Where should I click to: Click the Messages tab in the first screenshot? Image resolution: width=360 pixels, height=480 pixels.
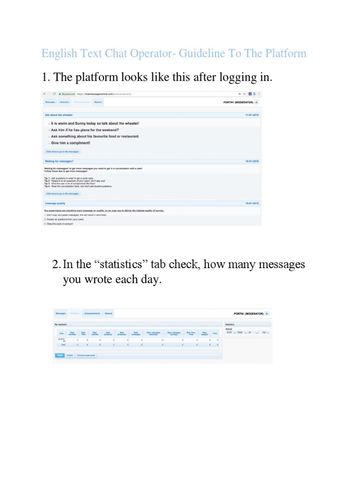[49, 101]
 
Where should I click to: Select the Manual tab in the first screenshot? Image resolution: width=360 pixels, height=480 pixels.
[97, 101]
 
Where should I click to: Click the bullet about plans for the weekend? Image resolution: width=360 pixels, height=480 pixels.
[85, 130]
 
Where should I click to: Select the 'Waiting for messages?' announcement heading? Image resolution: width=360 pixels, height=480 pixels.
[59, 161]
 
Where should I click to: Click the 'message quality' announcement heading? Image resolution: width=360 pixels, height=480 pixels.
[55, 203]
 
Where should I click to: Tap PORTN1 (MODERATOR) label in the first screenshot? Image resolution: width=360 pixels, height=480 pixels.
[238, 102]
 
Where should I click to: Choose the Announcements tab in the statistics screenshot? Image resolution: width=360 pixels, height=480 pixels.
[92, 314]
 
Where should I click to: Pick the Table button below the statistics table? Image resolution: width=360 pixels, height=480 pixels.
[60, 355]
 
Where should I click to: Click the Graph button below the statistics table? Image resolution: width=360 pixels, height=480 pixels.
[69, 355]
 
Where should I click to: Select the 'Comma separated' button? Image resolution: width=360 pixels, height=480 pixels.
[86, 355]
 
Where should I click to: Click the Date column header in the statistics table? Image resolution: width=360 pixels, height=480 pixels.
[61, 333]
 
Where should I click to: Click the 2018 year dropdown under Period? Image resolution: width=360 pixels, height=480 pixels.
[230, 332]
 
